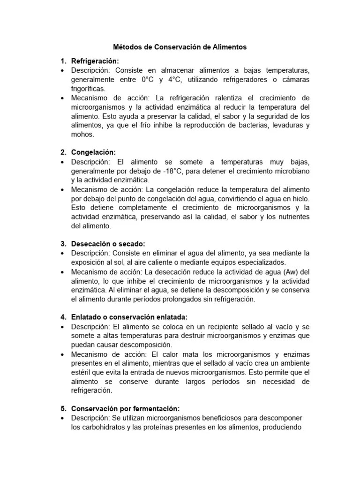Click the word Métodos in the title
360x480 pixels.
(x=128, y=47)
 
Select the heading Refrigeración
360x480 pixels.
(x=95, y=61)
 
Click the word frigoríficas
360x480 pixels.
(x=88, y=89)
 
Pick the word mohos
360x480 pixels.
(x=82, y=134)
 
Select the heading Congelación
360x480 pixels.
(x=93, y=152)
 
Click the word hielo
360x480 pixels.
(x=300, y=198)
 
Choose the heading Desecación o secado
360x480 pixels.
(x=108, y=244)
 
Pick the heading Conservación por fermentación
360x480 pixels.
(x=125, y=408)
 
